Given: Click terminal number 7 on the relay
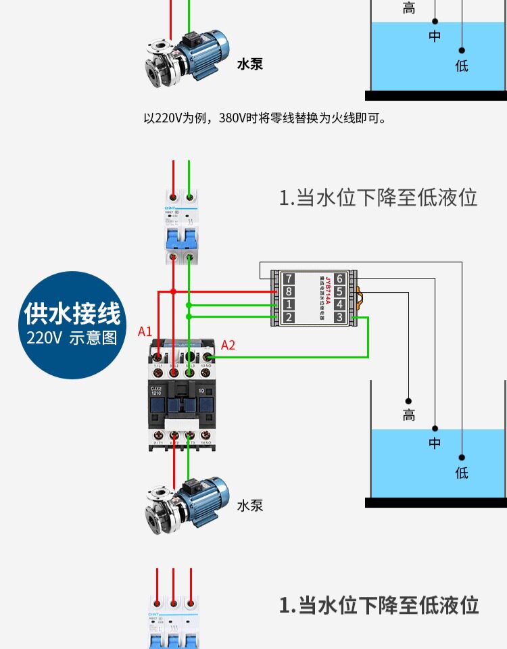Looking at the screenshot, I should pos(289,279).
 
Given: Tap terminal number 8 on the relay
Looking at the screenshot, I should pos(289,291).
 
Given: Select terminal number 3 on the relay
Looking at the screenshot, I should pos(339,317).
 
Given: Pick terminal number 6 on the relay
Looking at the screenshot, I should pos(339,279).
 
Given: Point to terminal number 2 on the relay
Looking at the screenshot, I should pos(289,317).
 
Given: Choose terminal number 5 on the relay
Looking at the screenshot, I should pos(339,291).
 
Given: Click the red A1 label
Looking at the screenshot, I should pos(145,331).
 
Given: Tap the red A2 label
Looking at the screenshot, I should pos(228,345).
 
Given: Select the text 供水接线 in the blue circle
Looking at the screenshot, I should pos(72,314).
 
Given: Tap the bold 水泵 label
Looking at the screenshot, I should pos(249,65).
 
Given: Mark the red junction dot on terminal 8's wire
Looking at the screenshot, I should pos(174,291).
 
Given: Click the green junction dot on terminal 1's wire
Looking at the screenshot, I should pos(189,304).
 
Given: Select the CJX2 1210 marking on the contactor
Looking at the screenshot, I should pos(157,391).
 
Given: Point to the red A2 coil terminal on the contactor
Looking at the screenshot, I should pos(207,356).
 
